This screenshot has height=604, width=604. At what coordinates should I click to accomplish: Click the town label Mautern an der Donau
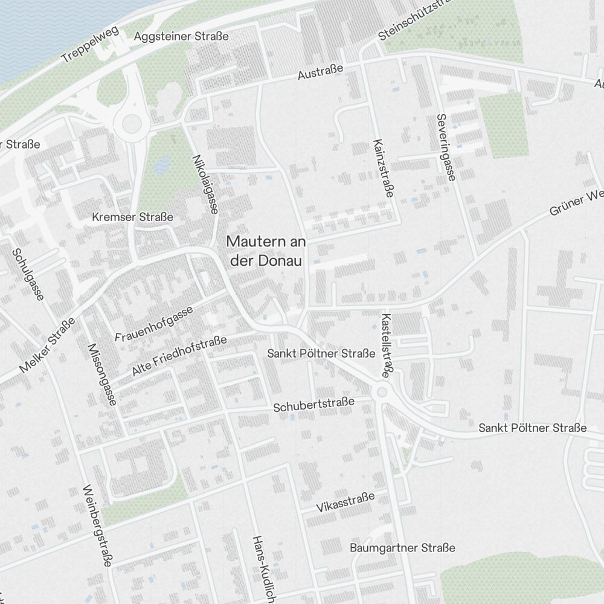click(x=266, y=251)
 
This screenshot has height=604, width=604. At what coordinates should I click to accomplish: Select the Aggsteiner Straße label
click(x=181, y=36)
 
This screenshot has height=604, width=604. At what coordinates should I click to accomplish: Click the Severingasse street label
click(x=448, y=148)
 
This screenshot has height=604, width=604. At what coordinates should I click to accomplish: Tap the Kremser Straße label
click(x=132, y=217)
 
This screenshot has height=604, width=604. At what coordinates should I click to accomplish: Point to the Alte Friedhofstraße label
click(x=179, y=356)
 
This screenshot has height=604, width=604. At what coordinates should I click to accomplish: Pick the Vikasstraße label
click(x=345, y=502)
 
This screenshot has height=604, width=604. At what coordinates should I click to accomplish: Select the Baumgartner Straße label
click(x=402, y=548)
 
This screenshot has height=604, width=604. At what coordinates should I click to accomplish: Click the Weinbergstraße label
click(x=98, y=525)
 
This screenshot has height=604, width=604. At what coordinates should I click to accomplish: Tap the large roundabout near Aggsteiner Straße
click(x=132, y=126)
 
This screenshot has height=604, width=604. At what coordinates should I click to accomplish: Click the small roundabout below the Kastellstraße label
click(x=382, y=393)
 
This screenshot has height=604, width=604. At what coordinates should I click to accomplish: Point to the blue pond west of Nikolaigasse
click(x=161, y=164)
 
